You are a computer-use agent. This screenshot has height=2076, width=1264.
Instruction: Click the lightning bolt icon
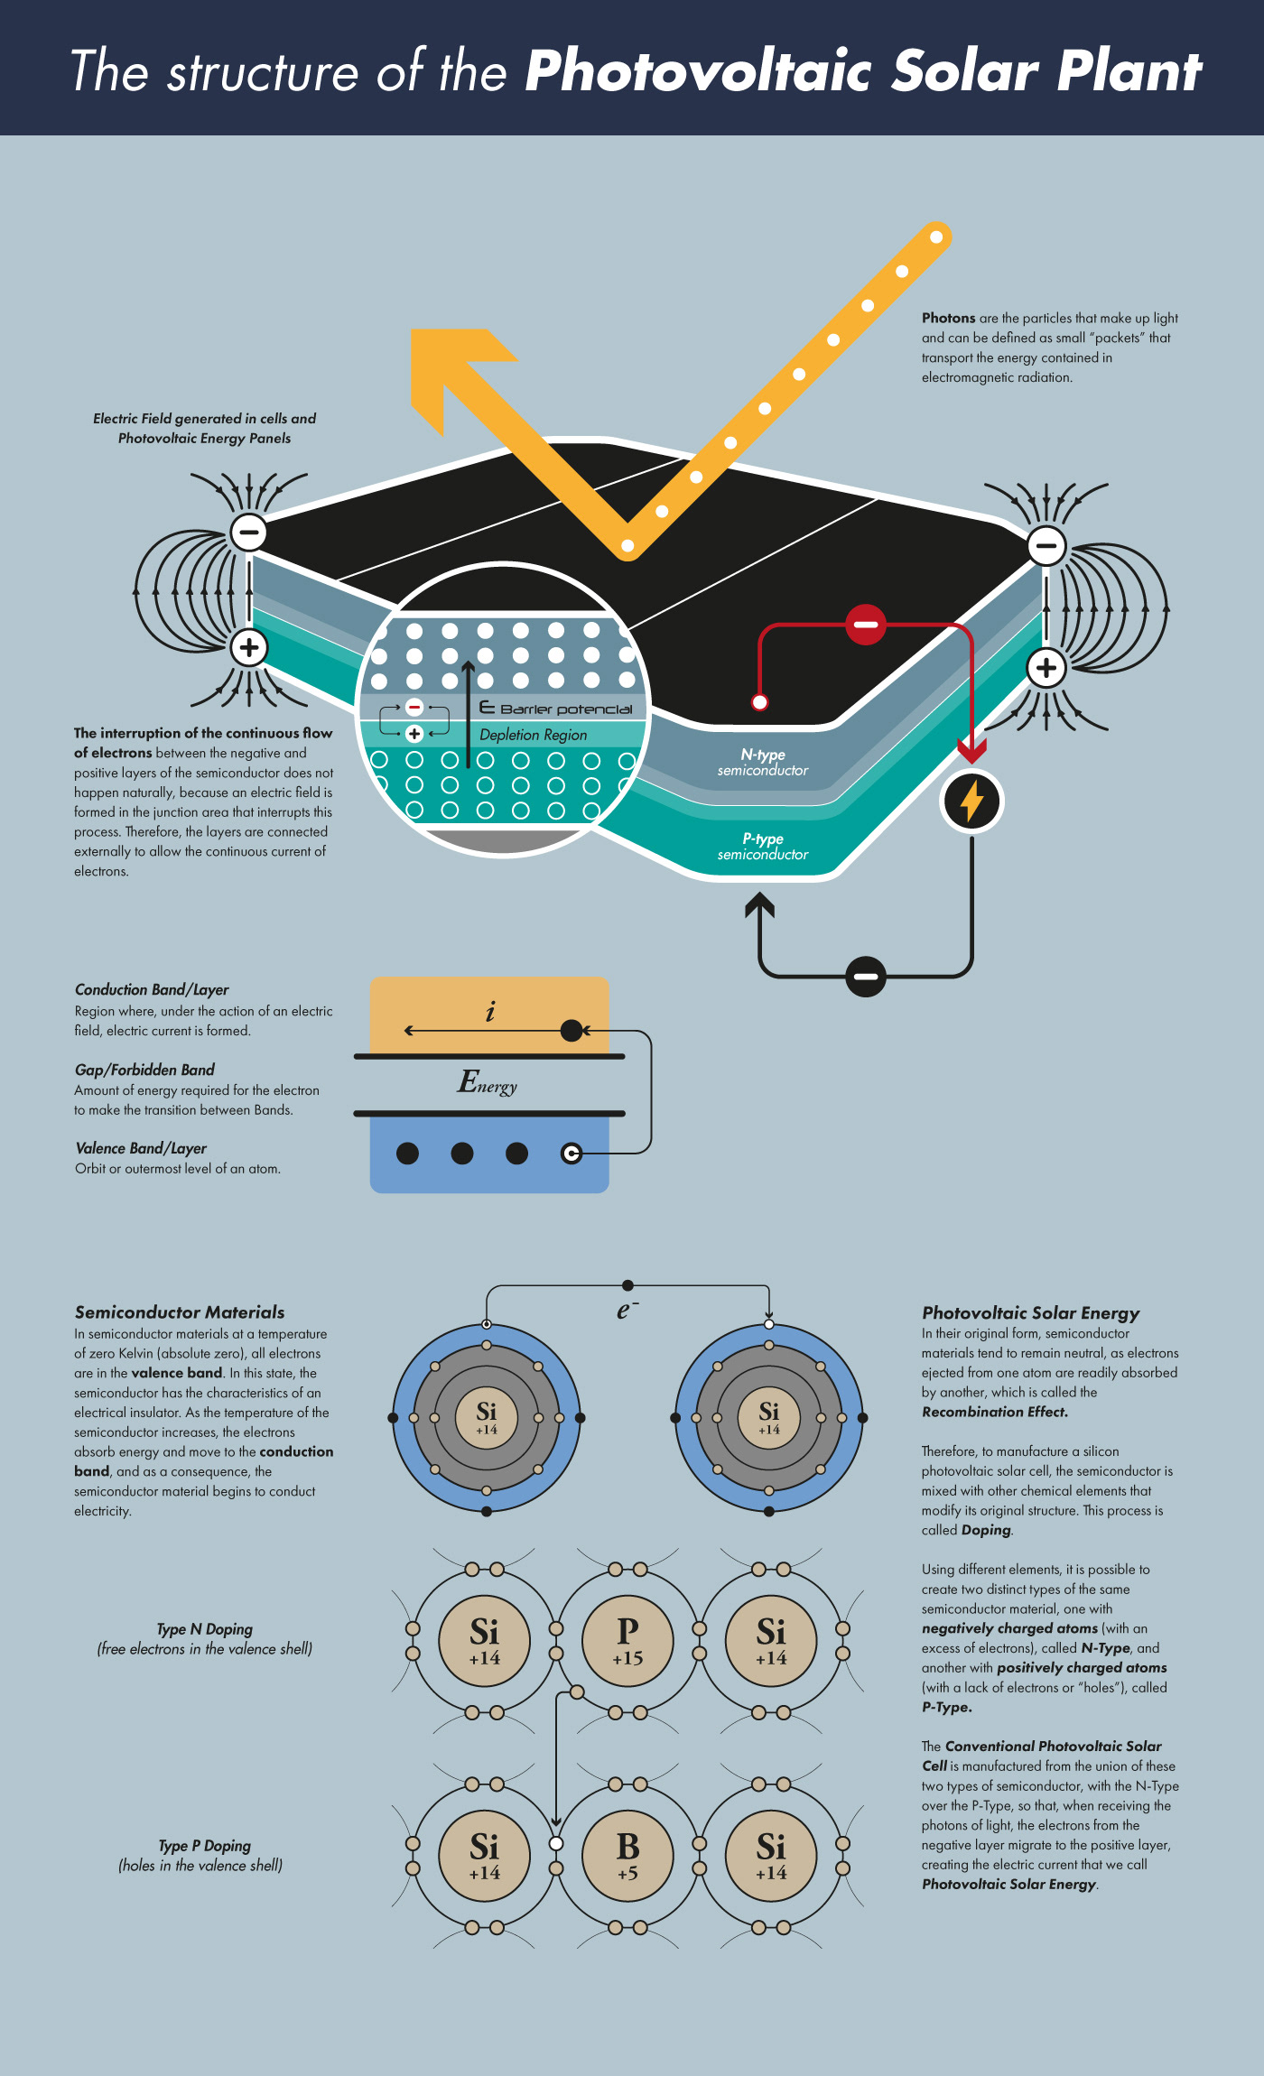click(971, 801)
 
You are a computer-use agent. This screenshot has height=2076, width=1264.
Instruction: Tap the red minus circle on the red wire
click(865, 624)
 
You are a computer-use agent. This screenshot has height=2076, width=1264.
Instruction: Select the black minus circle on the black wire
click(865, 976)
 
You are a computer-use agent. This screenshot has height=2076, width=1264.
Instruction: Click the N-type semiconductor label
click(763, 762)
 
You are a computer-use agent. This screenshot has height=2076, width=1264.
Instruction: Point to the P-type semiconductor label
click(763, 847)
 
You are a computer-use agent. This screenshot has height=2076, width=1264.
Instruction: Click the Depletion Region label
click(533, 735)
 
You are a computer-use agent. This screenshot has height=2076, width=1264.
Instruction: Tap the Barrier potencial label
click(565, 709)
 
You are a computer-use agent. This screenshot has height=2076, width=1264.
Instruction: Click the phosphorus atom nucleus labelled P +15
click(627, 1641)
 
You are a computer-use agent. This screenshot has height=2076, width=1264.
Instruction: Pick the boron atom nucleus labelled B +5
click(627, 1856)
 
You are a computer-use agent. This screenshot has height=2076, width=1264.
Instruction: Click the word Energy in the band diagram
click(488, 1082)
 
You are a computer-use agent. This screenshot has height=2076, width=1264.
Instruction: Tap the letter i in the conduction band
click(490, 1012)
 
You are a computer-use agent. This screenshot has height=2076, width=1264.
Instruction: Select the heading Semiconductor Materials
click(180, 1312)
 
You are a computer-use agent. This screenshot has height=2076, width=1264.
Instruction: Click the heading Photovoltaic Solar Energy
click(1030, 1313)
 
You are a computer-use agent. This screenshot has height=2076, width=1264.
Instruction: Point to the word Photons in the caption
click(948, 318)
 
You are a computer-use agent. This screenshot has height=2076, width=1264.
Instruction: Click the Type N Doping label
click(204, 1629)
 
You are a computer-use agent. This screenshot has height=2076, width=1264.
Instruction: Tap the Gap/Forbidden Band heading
click(144, 1070)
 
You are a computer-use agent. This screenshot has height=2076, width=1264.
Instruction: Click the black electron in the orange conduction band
click(572, 1030)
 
